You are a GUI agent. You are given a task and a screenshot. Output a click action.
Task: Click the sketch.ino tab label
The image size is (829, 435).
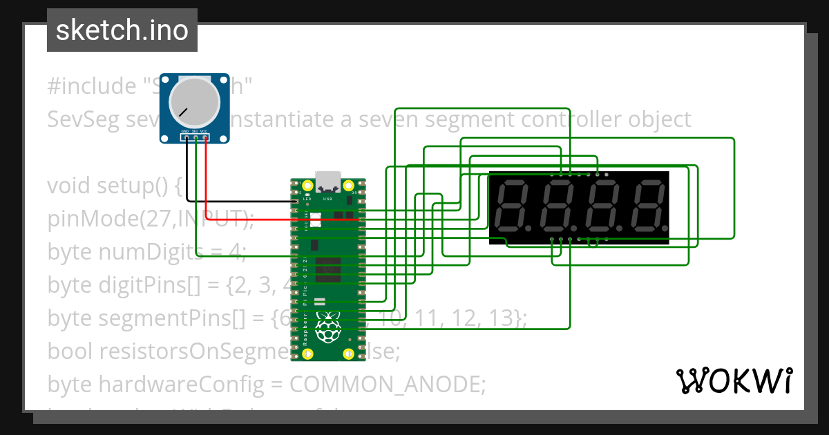tap(122, 30)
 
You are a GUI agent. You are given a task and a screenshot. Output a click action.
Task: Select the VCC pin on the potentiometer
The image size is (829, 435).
tap(206, 137)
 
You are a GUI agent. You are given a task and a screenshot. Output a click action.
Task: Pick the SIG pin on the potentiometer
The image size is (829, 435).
tap(196, 137)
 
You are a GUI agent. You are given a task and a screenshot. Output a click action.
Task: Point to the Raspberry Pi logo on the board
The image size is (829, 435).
tap(327, 326)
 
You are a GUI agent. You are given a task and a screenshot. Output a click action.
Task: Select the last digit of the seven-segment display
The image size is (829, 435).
tap(649, 206)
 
